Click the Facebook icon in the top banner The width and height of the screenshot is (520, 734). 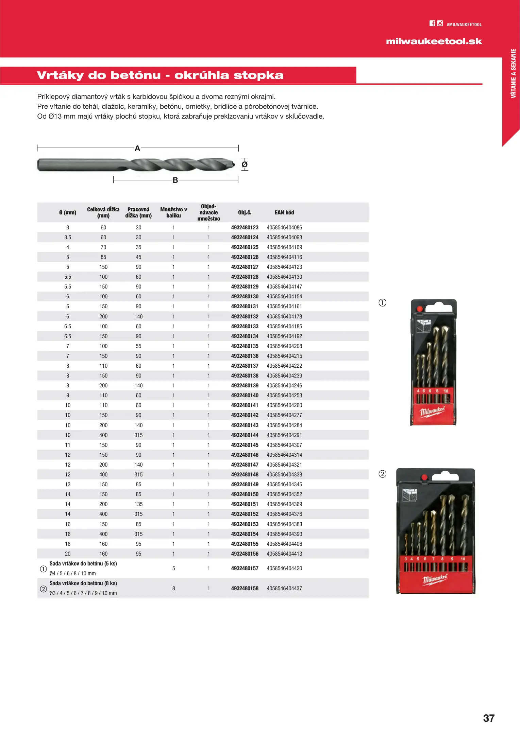coord(432,23)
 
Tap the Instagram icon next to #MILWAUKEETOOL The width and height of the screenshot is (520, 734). coord(440,23)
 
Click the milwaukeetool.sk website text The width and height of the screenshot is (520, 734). coord(434,41)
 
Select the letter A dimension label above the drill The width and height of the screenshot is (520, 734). coord(137,148)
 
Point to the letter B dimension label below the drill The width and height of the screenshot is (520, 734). coord(175,180)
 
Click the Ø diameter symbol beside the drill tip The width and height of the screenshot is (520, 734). coord(245,165)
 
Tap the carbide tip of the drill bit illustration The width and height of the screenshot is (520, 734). coord(233,164)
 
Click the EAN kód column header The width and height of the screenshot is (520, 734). coord(284,213)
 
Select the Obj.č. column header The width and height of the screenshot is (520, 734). coord(245,213)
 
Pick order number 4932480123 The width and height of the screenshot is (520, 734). coord(245,228)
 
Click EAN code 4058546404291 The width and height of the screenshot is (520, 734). coord(284,435)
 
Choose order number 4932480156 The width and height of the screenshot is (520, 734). coord(245,554)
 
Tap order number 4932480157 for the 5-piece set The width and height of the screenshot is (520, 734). coord(245,569)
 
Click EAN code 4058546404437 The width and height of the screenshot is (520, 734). coord(284,589)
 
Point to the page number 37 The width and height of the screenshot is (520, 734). coord(489,718)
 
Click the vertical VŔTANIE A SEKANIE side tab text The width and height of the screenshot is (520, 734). coord(513,73)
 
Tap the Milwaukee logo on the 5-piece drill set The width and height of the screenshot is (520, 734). coord(432,412)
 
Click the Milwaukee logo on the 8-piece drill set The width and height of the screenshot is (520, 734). coord(435,579)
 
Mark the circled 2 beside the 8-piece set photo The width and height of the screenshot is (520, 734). coord(383,474)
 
